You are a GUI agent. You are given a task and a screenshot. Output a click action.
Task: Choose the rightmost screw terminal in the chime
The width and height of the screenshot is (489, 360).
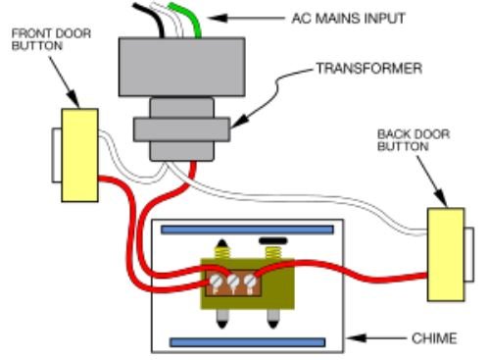250,286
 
